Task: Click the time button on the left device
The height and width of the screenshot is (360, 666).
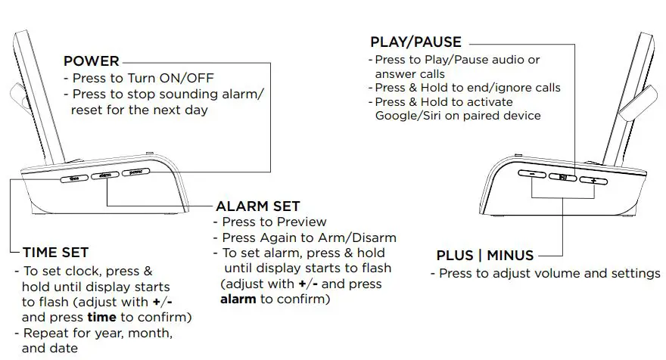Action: pos(75,179)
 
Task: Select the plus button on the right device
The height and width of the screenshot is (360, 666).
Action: pos(594,180)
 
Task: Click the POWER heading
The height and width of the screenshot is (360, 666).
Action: pos(91,61)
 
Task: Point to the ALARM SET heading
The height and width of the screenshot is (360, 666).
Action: pos(258,206)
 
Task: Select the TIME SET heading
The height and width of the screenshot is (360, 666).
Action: pos(56,253)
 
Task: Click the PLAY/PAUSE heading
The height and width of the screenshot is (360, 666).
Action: pos(415,42)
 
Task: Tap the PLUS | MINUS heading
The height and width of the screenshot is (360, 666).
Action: pos(485,256)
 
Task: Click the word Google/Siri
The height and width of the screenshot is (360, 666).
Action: pos(409,116)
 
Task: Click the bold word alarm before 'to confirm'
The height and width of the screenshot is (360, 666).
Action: pos(238,299)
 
